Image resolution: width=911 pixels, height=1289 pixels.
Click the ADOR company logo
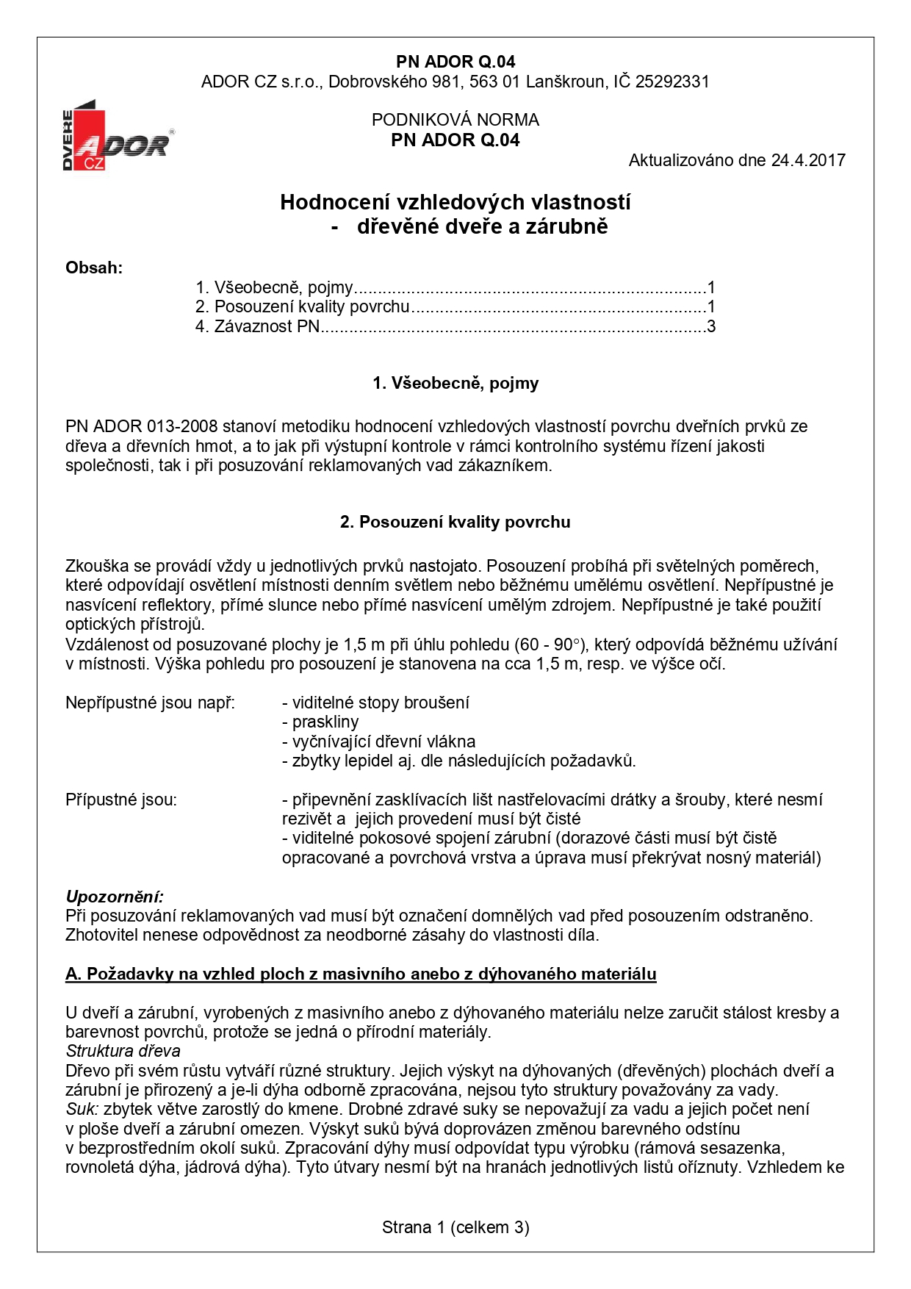pyautogui.click(x=118, y=137)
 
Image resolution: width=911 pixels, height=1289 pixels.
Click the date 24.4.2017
pyautogui.click(x=808, y=160)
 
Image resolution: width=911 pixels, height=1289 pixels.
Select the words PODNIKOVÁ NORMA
pyautogui.click(x=455, y=120)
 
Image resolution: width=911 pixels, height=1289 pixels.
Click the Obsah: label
pyautogui.click(x=94, y=268)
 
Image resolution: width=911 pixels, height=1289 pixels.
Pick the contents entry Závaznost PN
pyautogui.click(x=267, y=326)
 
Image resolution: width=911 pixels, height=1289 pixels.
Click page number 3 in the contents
pyautogui.click(x=710, y=326)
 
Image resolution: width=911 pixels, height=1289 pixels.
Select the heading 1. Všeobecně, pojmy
pyautogui.click(x=455, y=383)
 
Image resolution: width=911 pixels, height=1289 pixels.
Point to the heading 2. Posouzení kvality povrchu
pyautogui.click(x=455, y=522)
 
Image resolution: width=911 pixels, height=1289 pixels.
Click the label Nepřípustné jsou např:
pyautogui.click(x=150, y=703)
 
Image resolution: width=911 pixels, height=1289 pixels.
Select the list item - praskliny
pyautogui.click(x=320, y=722)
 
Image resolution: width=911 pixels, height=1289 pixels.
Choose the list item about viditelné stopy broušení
pyautogui.click(x=375, y=703)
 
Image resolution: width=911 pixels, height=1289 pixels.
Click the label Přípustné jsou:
pyautogui.click(x=121, y=800)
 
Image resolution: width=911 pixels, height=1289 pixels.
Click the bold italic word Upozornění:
pyautogui.click(x=115, y=897)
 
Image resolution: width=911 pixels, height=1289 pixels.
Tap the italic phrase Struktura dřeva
pyautogui.click(x=123, y=1051)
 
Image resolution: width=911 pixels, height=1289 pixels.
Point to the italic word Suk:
pyautogui.click(x=82, y=1109)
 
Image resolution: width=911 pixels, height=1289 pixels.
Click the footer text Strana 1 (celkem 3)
pyautogui.click(x=455, y=1227)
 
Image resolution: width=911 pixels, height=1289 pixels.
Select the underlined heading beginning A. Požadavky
pyautogui.click(x=361, y=974)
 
